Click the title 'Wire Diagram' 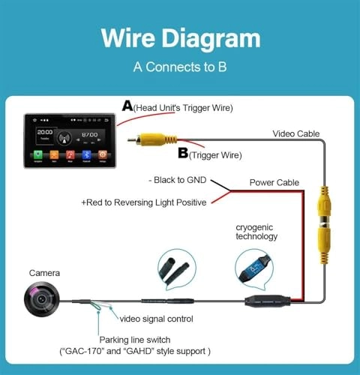180,38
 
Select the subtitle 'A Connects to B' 180,66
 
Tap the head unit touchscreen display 70,139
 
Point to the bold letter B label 183,154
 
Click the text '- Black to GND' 178,181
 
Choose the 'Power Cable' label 274,181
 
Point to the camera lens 40,301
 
